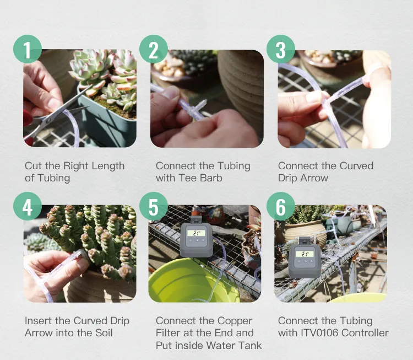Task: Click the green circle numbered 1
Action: pos(28,49)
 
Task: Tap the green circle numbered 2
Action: pos(154,49)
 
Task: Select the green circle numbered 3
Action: pos(281,49)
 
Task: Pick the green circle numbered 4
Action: pos(28,206)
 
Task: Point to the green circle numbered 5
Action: pos(154,206)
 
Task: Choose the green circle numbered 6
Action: pos(281,206)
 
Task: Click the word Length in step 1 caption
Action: pos(108,166)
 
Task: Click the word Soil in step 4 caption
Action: pos(104,333)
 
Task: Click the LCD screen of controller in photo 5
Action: pos(196,233)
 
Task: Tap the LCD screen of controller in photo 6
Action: pos(305,254)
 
